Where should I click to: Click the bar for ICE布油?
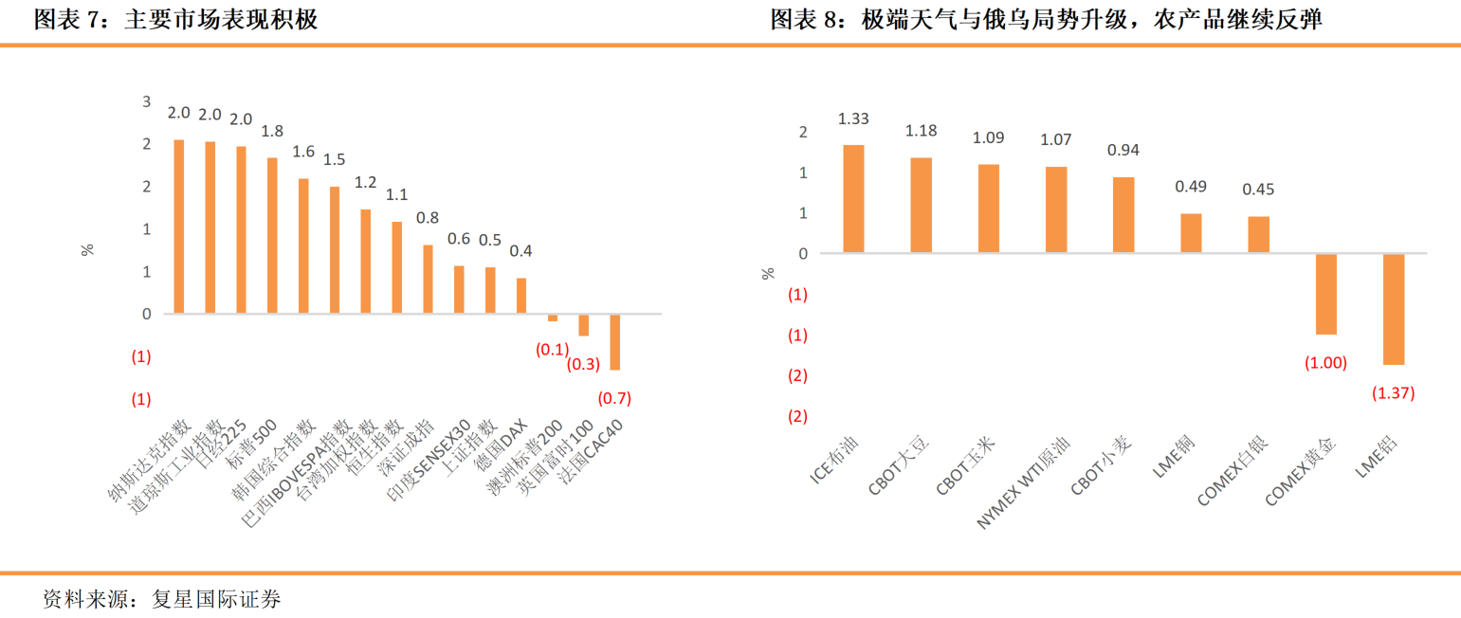click(853, 198)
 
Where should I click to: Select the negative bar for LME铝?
click(1394, 309)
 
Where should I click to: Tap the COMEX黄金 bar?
click(1325, 294)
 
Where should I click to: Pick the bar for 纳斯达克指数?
click(178, 226)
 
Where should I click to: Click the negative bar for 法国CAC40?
click(614, 341)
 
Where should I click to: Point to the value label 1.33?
click(853, 118)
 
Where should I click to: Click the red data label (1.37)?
click(1394, 393)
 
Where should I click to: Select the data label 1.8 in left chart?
click(272, 131)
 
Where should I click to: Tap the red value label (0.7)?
click(614, 397)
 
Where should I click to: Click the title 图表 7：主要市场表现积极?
click(176, 20)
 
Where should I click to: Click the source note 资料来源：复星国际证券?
click(162, 599)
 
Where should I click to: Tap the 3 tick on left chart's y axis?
click(146, 101)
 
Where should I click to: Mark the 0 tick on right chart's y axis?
click(802, 253)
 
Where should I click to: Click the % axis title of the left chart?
click(87, 250)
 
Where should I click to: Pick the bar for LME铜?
click(1191, 233)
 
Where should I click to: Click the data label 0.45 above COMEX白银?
click(1258, 190)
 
